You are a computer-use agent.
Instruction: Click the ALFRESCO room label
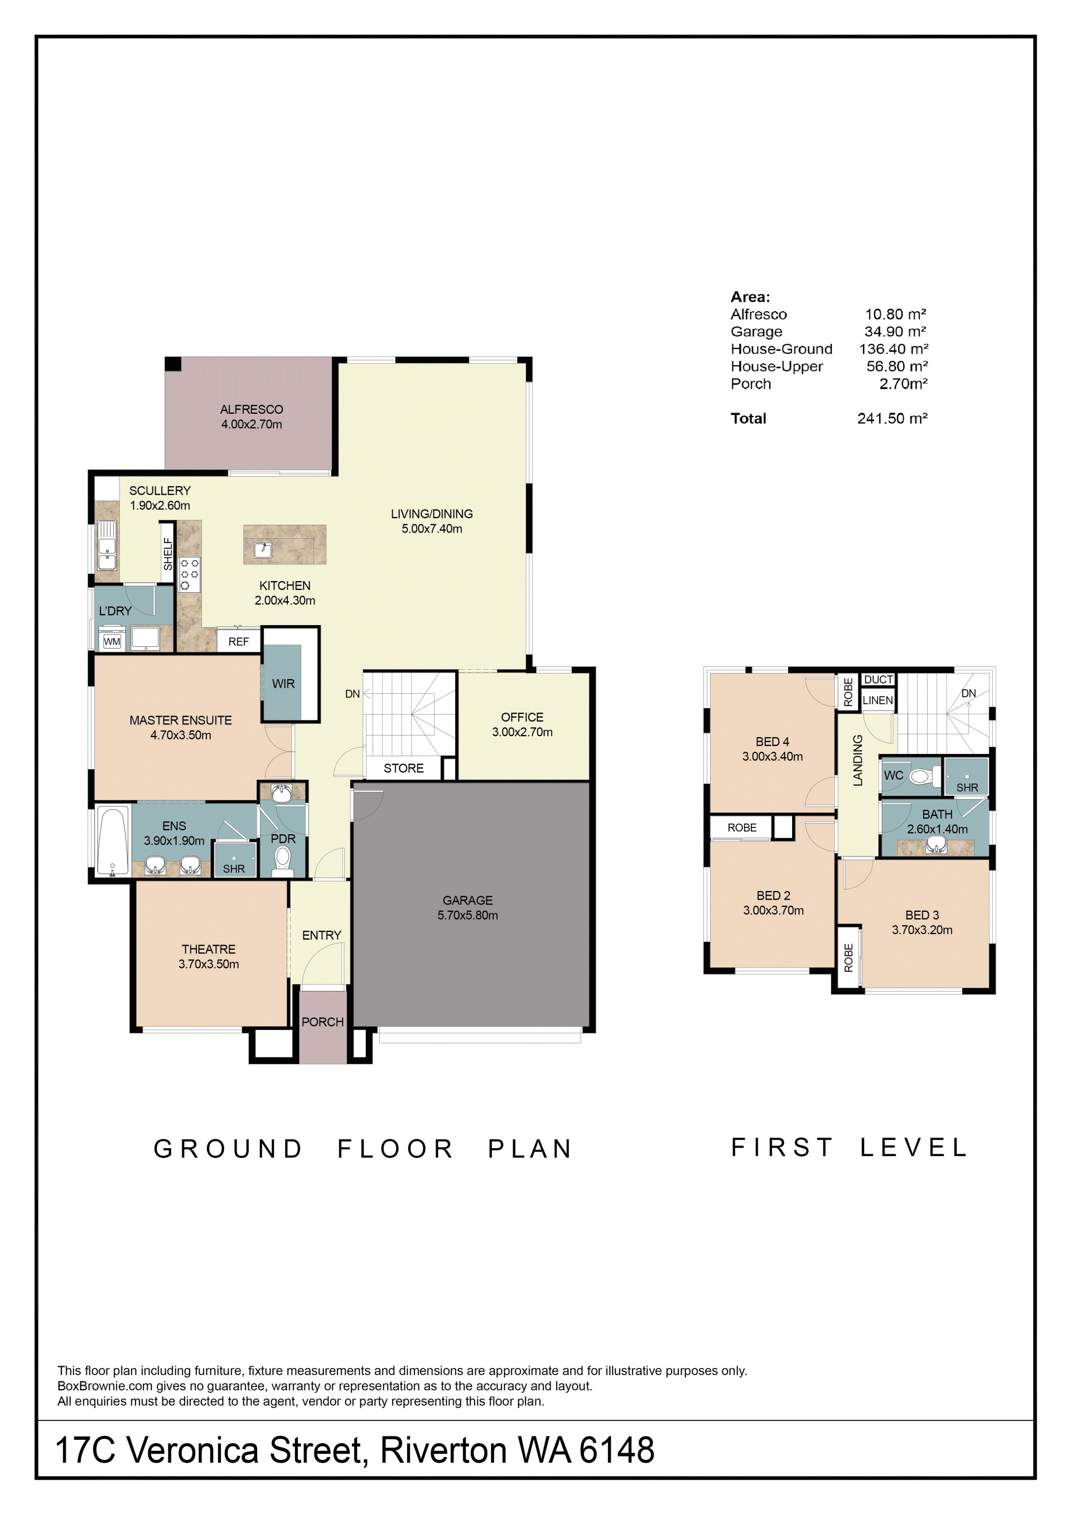pos(251,409)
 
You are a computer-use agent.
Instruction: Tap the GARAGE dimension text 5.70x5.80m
pos(467,915)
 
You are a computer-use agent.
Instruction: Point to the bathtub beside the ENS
pos(113,842)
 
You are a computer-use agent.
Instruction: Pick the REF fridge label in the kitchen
pos(239,642)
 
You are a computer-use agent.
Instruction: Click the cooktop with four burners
pos(189,574)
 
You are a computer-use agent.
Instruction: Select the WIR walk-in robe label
pos(283,684)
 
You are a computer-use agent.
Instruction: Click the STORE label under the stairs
pos(404,768)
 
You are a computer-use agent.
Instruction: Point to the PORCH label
pos(322,1022)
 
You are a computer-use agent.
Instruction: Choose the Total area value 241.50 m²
pos(893,418)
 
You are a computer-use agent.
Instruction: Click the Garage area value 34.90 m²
pos(895,332)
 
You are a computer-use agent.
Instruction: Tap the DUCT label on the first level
pos(879,680)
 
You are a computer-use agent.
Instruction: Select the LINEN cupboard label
pos(878,700)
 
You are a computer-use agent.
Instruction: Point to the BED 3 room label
pos(922,915)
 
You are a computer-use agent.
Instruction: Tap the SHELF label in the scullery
pos(168,554)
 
